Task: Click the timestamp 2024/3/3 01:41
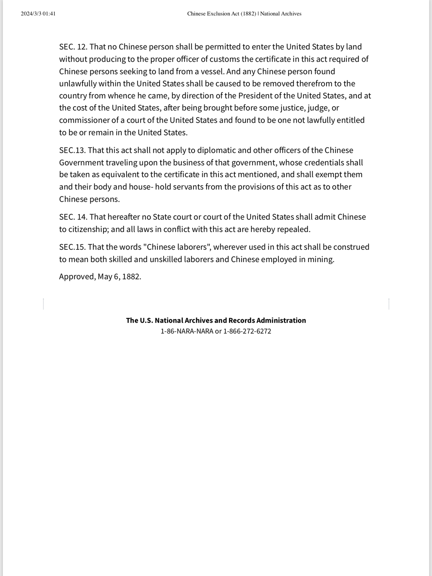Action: click(x=38, y=14)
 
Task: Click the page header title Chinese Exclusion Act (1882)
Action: click(x=222, y=14)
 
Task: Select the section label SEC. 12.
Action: click(x=73, y=47)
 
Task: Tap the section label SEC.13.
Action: click(x=72, y=150)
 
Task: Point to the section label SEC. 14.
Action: click(x=73, y=217)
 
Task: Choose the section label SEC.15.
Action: click(x=72, y=247)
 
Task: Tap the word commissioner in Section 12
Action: click(x=84, y=120)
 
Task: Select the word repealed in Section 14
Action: click(x=293, y=229)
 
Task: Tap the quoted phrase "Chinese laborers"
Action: click(x=177, y=247)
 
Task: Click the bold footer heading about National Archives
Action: click(x=216, y=320)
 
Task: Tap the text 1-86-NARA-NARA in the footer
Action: click(x=187, y=331)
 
